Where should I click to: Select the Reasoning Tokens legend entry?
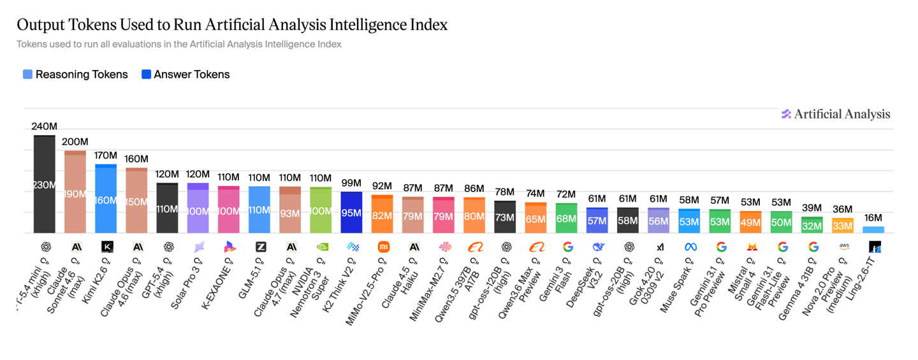(x=75, y=75)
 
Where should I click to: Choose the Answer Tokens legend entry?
(x=186, y=75)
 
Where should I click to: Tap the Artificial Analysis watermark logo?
(x=836, y=114)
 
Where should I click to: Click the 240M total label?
(x=45, y=126)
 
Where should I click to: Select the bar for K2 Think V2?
(x=351, y=212)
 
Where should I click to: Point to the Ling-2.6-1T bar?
(x=873, y=230)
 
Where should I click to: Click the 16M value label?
(x=873, y=218)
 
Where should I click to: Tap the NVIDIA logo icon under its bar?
(x=323, y=247)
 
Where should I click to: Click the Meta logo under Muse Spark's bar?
(x=690, y=247)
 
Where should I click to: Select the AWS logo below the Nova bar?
(x=843, y=247)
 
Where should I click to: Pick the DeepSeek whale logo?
(x=598, y=247)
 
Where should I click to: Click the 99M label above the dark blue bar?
(x=351, y=183)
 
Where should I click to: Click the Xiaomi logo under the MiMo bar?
(x=383, y=247)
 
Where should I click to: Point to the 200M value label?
(x=75, y=141)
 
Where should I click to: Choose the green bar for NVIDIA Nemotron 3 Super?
(x=321, y=210)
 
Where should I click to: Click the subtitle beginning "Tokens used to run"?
(x=178, y=45)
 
